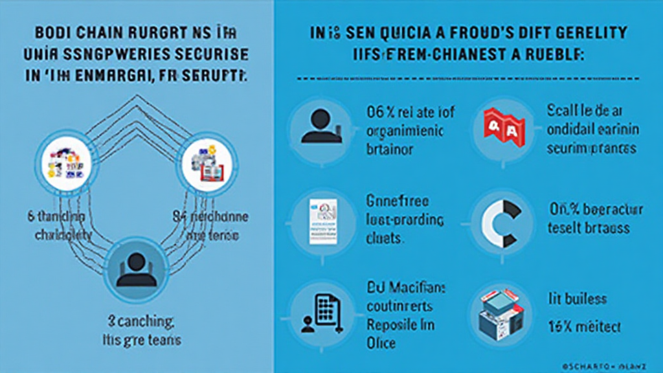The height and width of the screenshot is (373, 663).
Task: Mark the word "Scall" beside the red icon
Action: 559,110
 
